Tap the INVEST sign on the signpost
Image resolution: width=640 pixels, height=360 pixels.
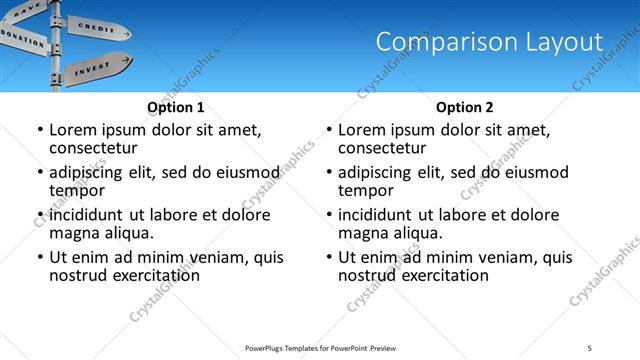pos(95,67)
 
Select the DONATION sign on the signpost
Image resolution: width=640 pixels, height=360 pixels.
pos(22,37)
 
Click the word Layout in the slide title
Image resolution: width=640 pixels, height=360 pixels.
pos(561,42)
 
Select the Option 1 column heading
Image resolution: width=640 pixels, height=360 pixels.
pos(176,107)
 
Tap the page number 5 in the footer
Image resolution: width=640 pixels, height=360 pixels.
pos(589,347)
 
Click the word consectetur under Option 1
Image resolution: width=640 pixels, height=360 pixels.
pos(97,149)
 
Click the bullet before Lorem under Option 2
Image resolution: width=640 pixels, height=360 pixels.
pos(328,131)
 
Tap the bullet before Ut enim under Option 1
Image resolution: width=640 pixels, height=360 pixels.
pos(39,258)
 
